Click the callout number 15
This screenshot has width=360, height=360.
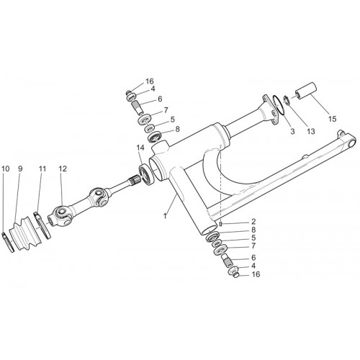pyautogui.click(x=333, y=119)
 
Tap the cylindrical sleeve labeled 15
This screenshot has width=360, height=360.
pyautogui.click(x=305, y=90)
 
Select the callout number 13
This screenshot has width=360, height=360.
pyautogui.click(x=311, y=131)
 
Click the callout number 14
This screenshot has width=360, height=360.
pyautogui.click(x=140, y=148)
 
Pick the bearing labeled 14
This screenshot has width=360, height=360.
pyautogui.click(x=145, y=174)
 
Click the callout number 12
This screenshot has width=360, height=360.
pyautogui.click(x=63, y=168)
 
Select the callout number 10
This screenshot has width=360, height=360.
pyautogui.click(x=5, y=168)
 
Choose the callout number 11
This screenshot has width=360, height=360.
pyautogui.click(x=42, y=168)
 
